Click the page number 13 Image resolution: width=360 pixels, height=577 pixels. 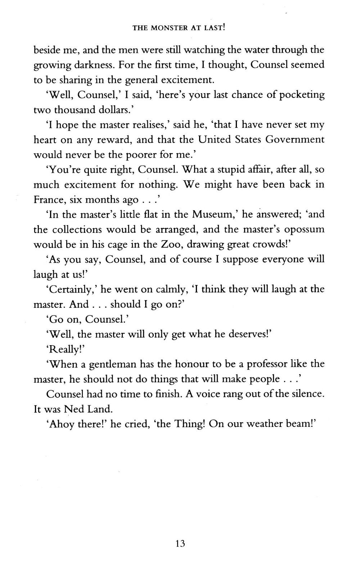click(180, 543)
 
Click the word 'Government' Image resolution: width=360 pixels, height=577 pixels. click(294, 140)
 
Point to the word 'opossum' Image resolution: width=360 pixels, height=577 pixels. click(304, 230)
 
